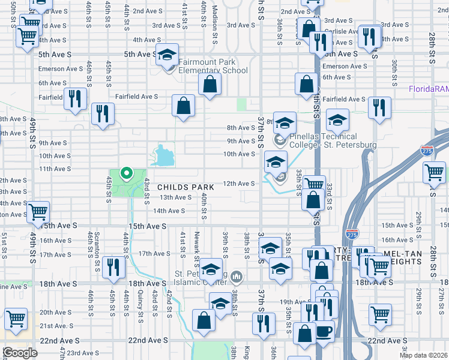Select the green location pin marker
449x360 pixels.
[126, 173]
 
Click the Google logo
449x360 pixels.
[20, 353]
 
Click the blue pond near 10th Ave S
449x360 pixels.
[163, 157]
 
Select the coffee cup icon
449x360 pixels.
[323, 331]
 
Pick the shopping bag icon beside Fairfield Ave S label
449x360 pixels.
[183, 106]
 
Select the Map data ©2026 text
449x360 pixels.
[424, 355]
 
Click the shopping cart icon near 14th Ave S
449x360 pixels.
[38, 212]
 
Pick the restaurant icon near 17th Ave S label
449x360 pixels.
[112, 266]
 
